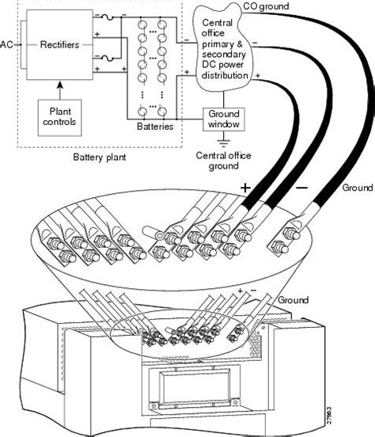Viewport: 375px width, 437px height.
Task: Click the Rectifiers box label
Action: [59, 44]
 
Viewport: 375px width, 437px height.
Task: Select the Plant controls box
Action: [59, 118]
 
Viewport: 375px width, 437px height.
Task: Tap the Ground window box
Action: [224, 120]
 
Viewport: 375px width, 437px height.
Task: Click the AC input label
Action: [6, 44]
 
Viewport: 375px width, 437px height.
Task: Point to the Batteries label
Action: [155, 126]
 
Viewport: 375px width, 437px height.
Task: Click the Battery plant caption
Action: [100, 158]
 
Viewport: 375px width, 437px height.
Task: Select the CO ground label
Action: [266, 6]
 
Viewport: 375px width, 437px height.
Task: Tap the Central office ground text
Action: [223, 161]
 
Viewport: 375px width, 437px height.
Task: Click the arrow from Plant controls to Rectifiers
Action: [60, 90]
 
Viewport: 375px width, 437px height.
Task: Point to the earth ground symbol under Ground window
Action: [224, 142]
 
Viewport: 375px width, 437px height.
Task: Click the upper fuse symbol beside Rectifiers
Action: [108, 17]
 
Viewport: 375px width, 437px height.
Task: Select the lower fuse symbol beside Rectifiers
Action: [108, 59]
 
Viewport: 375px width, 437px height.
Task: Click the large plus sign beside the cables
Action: [245, 188]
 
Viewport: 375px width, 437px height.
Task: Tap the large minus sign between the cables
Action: [301, 188]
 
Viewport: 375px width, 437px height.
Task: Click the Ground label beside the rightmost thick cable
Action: [358, 188]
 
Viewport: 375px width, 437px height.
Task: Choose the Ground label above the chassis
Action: [293, 300]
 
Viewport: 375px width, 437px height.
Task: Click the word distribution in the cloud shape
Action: [225, 75]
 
